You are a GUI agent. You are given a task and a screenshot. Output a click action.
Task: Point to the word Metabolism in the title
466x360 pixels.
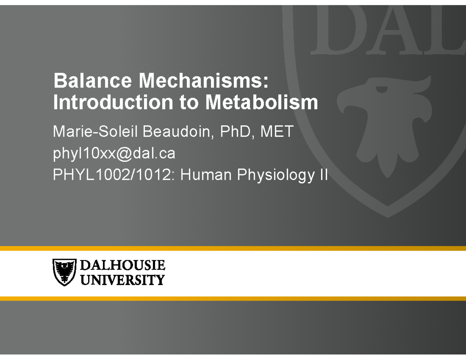(261, 103)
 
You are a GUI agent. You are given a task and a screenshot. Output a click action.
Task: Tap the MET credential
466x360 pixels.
(276, 132)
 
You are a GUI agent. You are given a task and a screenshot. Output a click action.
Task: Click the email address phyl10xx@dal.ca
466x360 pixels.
(114, 154)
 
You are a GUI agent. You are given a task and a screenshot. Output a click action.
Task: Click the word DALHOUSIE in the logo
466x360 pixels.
(122, 266)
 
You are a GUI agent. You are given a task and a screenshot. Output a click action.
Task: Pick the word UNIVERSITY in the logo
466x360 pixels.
(122, 280)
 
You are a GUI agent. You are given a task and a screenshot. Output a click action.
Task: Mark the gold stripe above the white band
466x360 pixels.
(233, 248)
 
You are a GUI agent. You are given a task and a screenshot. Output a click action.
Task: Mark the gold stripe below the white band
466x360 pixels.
(233, 298)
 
